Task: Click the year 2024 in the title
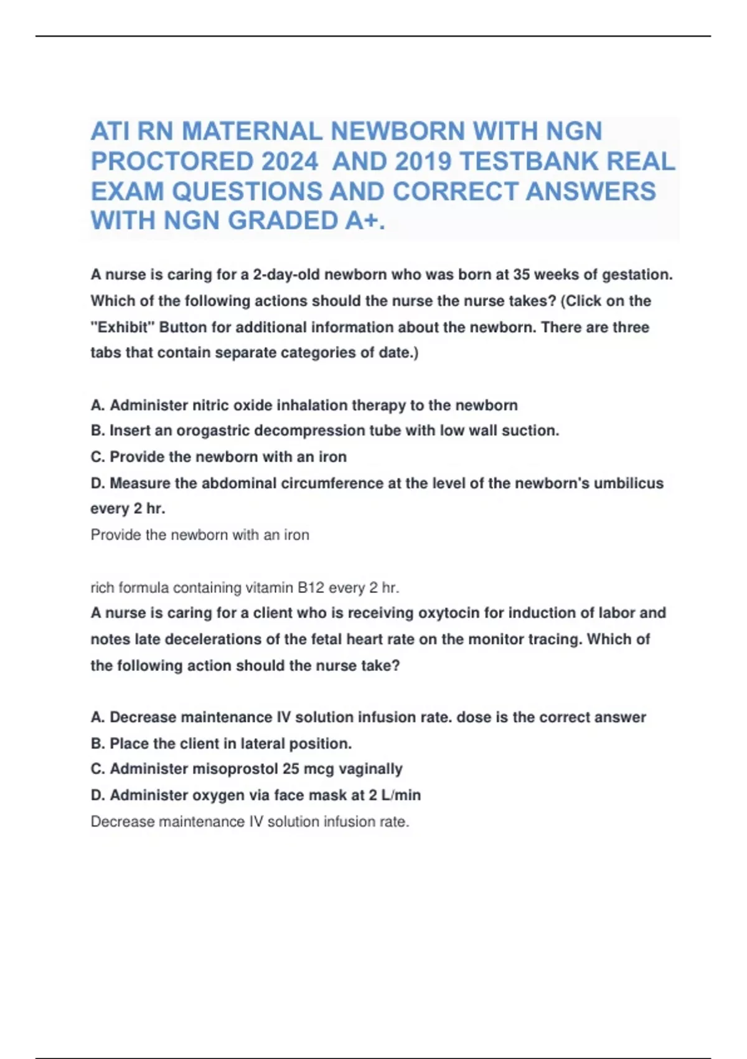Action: coord(290,161)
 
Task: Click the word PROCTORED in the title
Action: coord(172,161)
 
